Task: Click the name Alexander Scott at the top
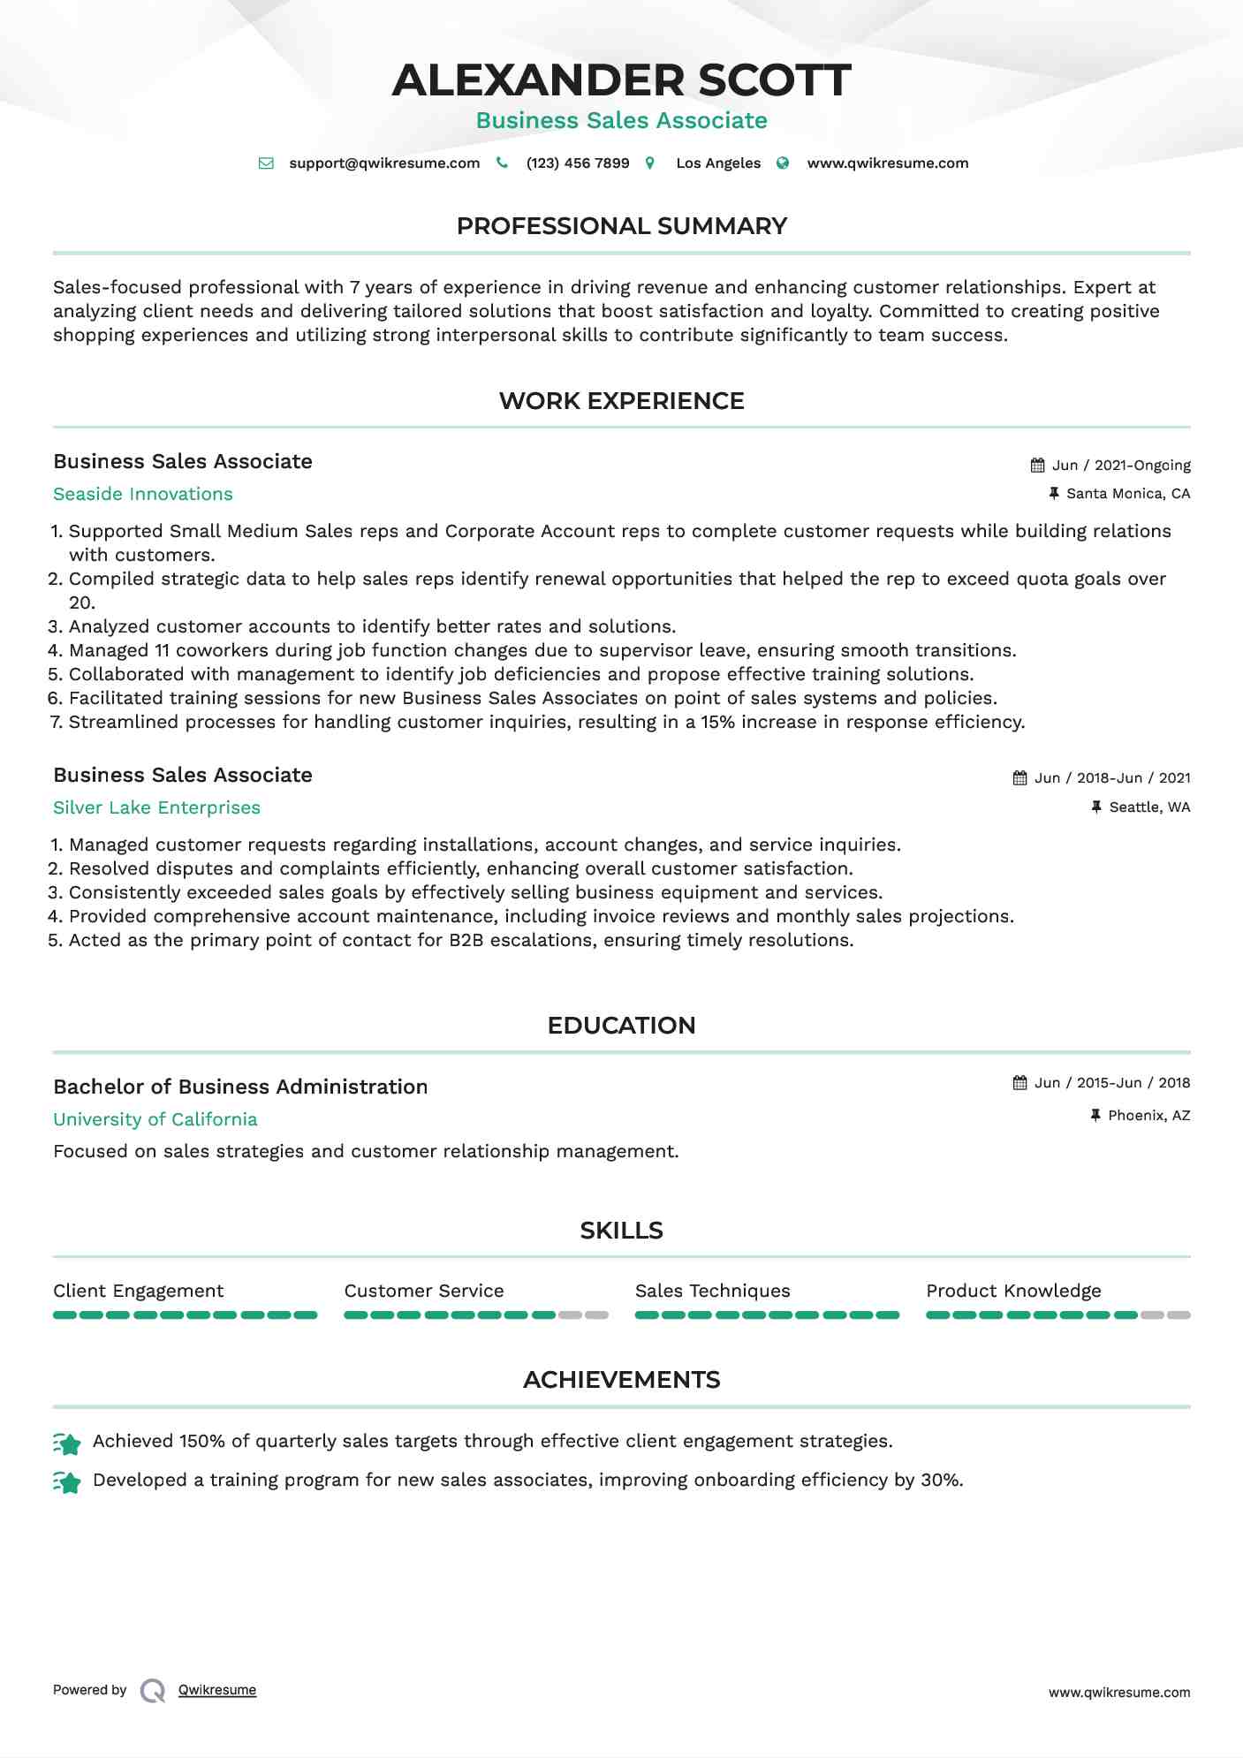coord(621,80)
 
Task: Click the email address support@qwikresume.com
coord(384,163)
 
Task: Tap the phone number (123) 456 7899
coord(577,163)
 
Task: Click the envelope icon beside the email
coord(266,163)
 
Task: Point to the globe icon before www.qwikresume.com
coord(783,163)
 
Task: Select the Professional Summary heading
coord(621,226)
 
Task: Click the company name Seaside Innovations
coord(143,494)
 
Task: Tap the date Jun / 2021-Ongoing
coord(1121,466)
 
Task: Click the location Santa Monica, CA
coord(1128,494)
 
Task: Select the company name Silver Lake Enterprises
coord(156,807)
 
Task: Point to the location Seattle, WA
coord(1149,807)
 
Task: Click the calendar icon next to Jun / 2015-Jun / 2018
coord(1019,1083)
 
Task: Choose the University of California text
coord(155,1119)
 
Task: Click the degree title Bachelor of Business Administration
coord(240,1087)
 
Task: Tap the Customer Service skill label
coord(424,1291)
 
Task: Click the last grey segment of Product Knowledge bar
coord(1179,1315)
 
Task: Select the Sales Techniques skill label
coord(712,1291)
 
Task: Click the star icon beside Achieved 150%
coord(67,1444)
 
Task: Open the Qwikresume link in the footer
coord(217,1690)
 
